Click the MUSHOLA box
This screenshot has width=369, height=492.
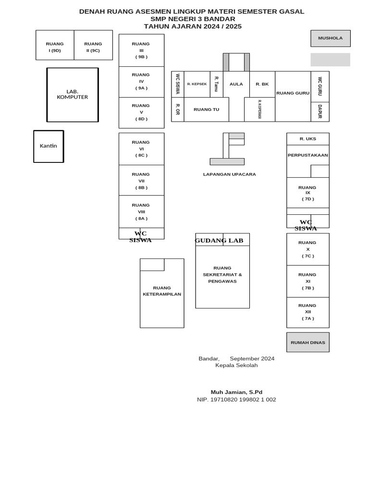click(331, 38)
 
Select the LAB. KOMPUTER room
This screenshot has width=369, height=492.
click(73, 95)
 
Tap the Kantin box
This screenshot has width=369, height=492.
click(49, 147)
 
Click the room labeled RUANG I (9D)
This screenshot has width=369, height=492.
click(55, 45)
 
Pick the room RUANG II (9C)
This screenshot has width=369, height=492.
click(93, 45)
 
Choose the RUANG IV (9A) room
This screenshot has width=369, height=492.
click(142, 82)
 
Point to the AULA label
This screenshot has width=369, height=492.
click(236, 84)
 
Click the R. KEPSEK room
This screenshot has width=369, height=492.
click(197, 84)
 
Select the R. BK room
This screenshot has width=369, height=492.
click(262, 84)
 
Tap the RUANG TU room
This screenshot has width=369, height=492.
click(207, 110)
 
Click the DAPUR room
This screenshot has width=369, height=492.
click(320, 111)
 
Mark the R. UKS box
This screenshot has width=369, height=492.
click(308, 139)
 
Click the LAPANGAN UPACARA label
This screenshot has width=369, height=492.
click(229, 174)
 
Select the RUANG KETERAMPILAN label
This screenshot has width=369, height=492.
click(162, 291)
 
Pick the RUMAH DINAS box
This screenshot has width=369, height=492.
click(308, 342)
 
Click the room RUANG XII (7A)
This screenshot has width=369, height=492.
click(308, 312)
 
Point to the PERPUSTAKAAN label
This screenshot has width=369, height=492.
click(308, 155)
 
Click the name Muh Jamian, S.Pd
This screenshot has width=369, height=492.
click(236, 392)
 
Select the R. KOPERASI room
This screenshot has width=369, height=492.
click(260, 110)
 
